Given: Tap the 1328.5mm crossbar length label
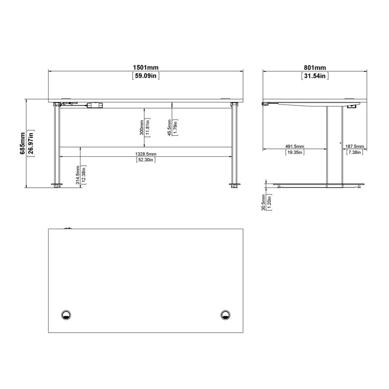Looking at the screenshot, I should coord(145,154).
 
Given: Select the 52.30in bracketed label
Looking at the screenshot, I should coord(145,160).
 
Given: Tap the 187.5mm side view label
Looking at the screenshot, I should coord(354,146).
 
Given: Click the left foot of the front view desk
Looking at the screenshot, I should coord(57,187).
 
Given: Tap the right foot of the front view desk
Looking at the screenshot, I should coord(234,187).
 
